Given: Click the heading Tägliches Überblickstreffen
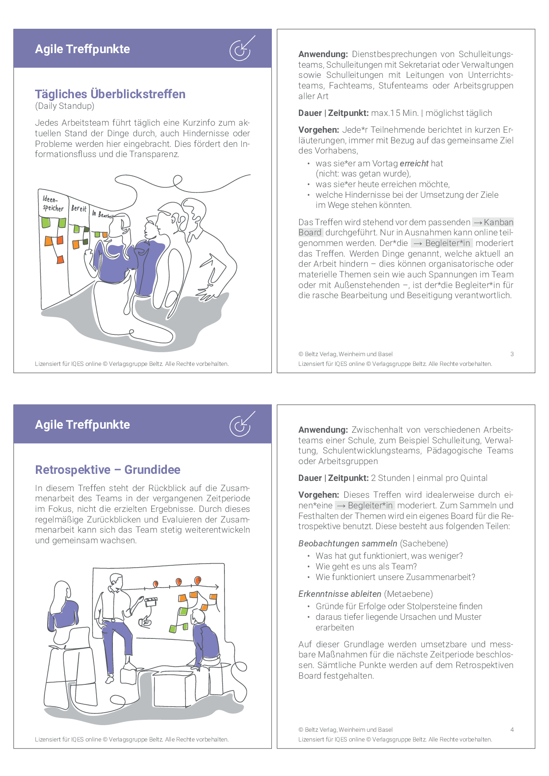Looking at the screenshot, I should click(110, 94).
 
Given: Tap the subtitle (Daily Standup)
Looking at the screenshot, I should click(65, 106).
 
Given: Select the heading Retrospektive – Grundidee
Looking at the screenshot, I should click(108, 469).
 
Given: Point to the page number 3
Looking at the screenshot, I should click(512, 354).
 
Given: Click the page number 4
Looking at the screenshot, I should click(512, 730).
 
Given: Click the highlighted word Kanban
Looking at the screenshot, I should click(498, 222).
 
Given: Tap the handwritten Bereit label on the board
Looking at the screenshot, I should click(79, 208).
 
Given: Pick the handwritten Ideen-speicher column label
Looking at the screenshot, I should click(53, 204).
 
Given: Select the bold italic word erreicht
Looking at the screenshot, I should click(414, 163).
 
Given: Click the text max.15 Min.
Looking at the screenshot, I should click(394, 113).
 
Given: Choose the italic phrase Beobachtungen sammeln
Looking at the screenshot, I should click(348, 543).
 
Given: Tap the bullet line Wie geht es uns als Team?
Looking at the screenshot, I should click(366, 566).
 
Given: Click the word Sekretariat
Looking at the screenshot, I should click(420, 65).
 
